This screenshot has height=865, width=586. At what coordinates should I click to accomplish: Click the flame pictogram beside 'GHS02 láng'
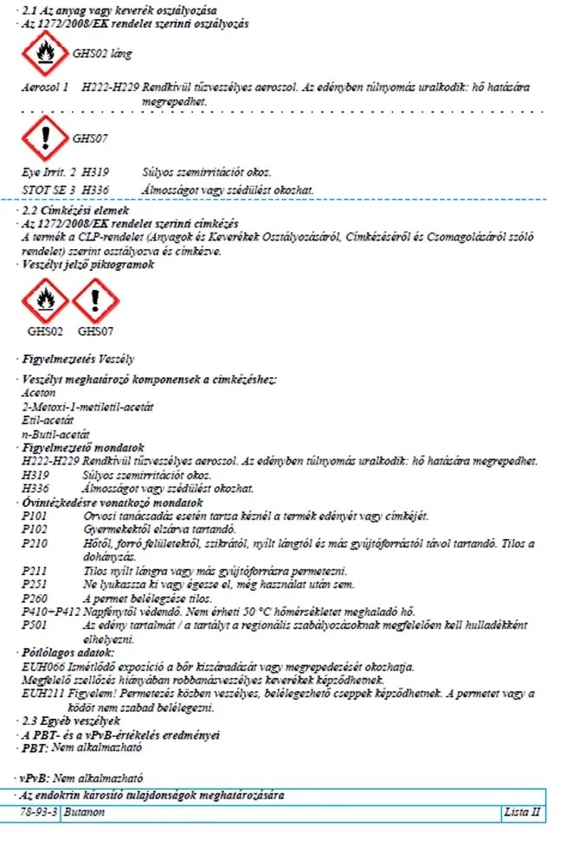43,53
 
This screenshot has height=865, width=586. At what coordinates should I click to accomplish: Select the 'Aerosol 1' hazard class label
45,88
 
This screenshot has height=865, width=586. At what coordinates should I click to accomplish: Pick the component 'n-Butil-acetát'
55,435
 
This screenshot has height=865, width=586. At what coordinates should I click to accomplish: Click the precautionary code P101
35,516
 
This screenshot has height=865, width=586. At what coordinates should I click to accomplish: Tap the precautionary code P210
35,543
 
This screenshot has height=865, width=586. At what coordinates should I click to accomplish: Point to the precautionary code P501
35,625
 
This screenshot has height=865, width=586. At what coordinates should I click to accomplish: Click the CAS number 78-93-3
40,814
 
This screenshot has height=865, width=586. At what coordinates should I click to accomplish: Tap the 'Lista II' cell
522,814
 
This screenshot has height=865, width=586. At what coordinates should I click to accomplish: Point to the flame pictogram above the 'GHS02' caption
44,300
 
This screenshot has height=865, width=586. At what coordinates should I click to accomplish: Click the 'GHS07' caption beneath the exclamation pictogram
95,330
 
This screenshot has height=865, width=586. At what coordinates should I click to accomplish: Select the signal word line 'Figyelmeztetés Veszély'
78,358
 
